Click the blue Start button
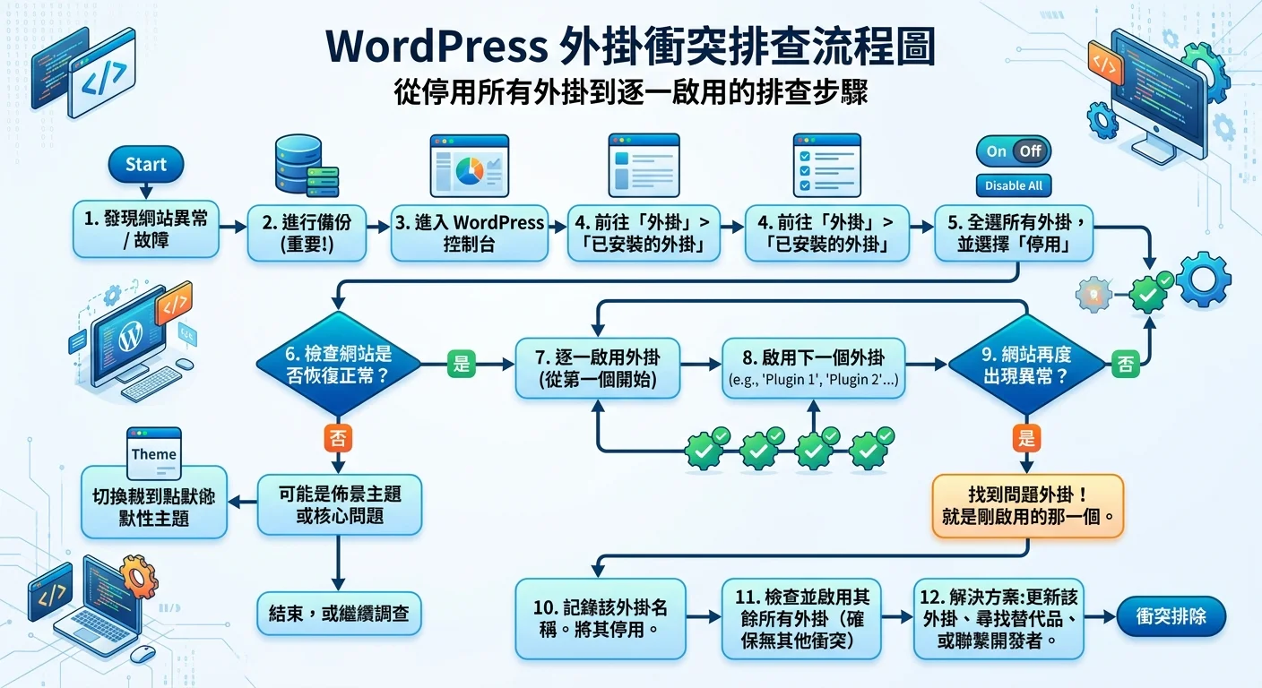coord(145,165)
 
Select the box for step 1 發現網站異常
coord(146,230)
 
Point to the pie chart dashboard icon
coord(469,167)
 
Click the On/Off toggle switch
coord(1013,151)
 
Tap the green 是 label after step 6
coord(462,364)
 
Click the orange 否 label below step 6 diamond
coord(338,438)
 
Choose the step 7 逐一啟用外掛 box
coord(599,366)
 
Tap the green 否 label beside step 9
coord(1125,364)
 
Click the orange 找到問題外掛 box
coord(1027,506)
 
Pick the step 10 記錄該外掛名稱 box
coord(600,618)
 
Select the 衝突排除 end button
coord(1171,617)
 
